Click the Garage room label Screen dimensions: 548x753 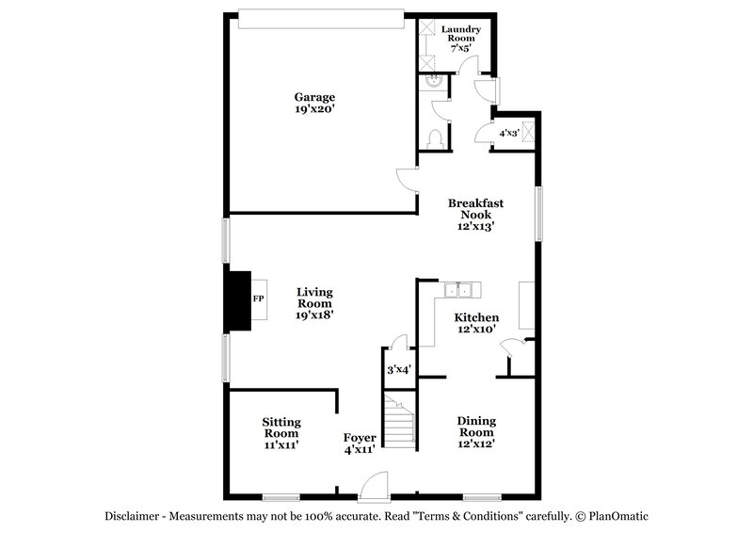[x=314, y=103]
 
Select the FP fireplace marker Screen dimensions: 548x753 [x=258, y=298]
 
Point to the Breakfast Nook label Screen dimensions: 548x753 [x=475, y=214]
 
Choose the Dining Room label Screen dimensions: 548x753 [x=476, y=431]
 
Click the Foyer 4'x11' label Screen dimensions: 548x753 [x=360, y=444]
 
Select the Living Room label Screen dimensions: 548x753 [x=314, y=303]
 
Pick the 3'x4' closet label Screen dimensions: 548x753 [x=399, y=370]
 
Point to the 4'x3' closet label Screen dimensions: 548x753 [x=508, y=133]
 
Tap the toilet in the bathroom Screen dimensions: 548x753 [x=434, y=138]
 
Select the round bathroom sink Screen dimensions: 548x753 [x=433, y=82]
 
